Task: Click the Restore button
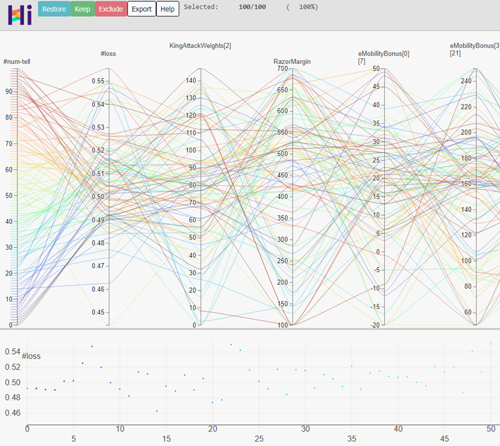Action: click(x=54, y=9)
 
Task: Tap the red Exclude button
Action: click(x=111, y=9)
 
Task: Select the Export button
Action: click(x=141, y=9)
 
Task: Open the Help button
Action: click(x=167, y=9)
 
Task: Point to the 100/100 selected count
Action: click(x=252, y=7)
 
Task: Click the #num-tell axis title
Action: click(x=17, y=61)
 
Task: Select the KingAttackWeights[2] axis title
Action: click(x=200, y=46)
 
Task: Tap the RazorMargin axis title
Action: click(x=292, y=62)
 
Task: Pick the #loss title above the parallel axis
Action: click(x=108, y=54)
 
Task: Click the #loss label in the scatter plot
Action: click(x=31, y=356)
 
